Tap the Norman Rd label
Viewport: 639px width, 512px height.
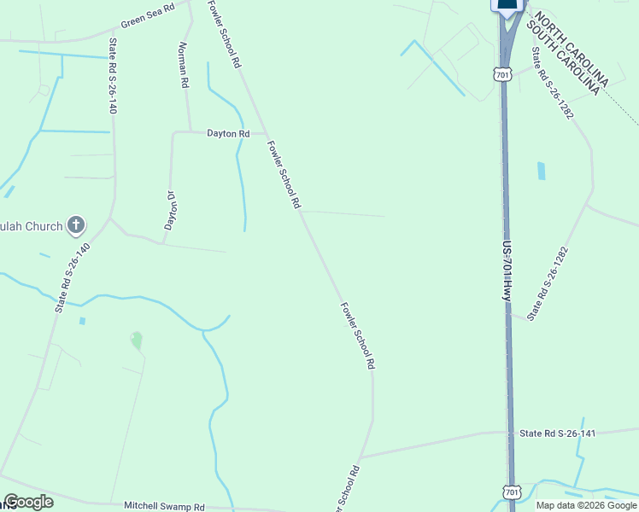(x=183, y=66)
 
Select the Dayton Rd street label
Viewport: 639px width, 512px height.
(x=228, y=134)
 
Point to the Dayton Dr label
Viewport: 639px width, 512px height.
(x=170, y=210)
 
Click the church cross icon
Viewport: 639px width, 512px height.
(x=76, y=225)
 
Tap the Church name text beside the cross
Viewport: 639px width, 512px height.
(x=32, y=226)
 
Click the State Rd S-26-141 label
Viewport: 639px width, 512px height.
(x=557, y=433)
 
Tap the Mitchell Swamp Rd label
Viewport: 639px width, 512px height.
(x=165, y=506)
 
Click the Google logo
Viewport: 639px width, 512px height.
(x=28, y=502)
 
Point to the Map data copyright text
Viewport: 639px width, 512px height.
(x=587, y=505)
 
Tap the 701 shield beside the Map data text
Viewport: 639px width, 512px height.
(x=511, y=492)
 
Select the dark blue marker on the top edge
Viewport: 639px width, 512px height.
(x=507, y=5)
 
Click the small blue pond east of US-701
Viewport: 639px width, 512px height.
(x=541, y=171)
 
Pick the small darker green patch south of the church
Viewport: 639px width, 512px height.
(x=136, y=340)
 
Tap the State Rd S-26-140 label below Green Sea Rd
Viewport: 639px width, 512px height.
(x=112, y=76)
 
